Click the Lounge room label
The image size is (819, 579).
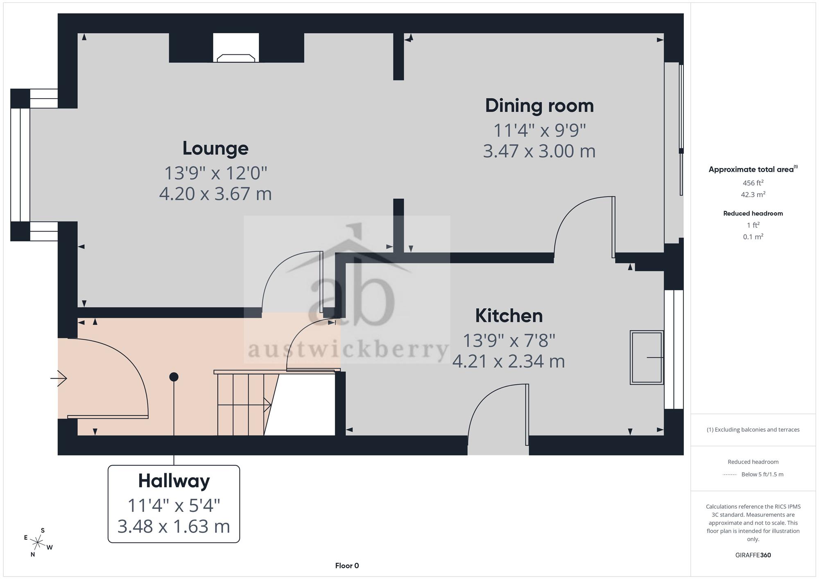pos(215,149)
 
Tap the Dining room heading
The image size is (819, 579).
pos(539,106)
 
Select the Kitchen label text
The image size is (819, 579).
pos(509,315)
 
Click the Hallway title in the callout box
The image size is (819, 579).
pos(174,481)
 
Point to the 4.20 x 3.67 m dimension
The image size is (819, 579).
pos(215,194)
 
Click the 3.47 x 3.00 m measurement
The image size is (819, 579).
pos(539,151)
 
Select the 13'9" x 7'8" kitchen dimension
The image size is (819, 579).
pos(509,340)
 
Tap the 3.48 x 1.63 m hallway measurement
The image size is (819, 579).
pos(174,526)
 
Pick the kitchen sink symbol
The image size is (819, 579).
pos(647,357)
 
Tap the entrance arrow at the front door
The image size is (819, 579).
pos(59,378)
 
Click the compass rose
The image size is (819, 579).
pos(38,543)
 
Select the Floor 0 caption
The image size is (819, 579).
pos(347,566)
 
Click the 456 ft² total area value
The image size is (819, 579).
pos(753,183)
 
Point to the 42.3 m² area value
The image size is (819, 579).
pos(753,194)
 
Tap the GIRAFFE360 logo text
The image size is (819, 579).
pos(753,555)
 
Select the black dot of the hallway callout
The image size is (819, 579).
pos(174,377)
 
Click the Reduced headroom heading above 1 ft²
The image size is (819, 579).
pos(753,213)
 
